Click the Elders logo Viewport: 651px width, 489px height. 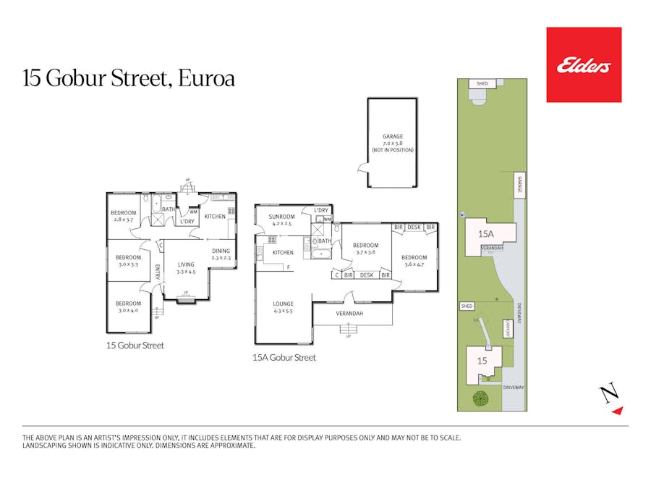(x=584, y=65)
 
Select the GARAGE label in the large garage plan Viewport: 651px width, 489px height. (x=393, y=136)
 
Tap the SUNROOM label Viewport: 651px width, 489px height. (x=282, y=217)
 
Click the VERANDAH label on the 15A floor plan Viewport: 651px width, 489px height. (x=349, y=313)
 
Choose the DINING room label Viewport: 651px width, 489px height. (x=221, y=251)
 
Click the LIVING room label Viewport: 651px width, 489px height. (x=186, y=264)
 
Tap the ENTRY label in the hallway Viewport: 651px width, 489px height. (x=158, y=272)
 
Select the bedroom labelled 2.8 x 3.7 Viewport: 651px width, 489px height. (x=122, y=213)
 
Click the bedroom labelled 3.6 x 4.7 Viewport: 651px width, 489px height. (x=414, y=257)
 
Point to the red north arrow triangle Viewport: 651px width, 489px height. (x=616, y=411)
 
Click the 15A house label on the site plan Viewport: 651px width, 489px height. (x=485, y=234)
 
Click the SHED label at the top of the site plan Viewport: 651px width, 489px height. (x=482, y=84)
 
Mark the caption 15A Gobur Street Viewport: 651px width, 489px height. (x=284, y=357)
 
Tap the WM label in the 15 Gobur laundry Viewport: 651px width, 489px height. (x=193, y=212)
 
